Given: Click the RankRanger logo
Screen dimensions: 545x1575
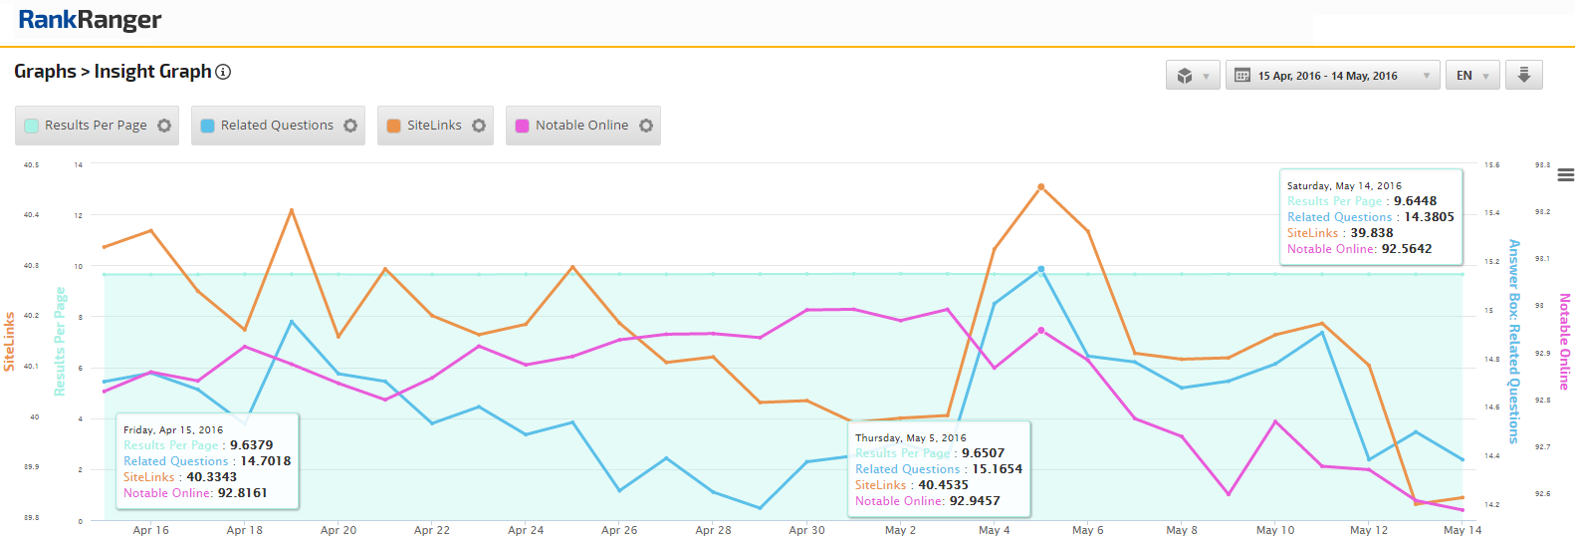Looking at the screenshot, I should [90, 20].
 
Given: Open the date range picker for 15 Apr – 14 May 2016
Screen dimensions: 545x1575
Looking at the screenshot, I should [1332, 76].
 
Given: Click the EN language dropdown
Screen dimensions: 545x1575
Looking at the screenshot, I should [1471, 76].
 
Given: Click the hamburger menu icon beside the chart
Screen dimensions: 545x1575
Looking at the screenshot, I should [1565, 175].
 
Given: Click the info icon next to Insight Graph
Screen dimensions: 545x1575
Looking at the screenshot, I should [224, 72].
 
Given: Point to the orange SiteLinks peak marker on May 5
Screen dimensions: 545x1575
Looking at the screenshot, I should [1041, 187].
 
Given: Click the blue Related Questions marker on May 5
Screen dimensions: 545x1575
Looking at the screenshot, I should [1041, 269].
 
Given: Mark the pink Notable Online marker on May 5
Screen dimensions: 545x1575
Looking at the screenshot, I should [1041, 331].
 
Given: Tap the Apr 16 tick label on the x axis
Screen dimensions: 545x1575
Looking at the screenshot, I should [151, 530].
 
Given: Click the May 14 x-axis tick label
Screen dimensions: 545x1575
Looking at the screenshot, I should [1462, 530].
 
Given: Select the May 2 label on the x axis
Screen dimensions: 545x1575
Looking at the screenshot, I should [900, 530].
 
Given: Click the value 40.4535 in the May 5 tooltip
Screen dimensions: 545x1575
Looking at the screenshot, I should [943, 485].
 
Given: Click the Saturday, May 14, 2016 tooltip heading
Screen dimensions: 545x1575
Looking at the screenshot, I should [1344, 186].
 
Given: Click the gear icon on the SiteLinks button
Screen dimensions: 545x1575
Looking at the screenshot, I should [479, 126].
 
